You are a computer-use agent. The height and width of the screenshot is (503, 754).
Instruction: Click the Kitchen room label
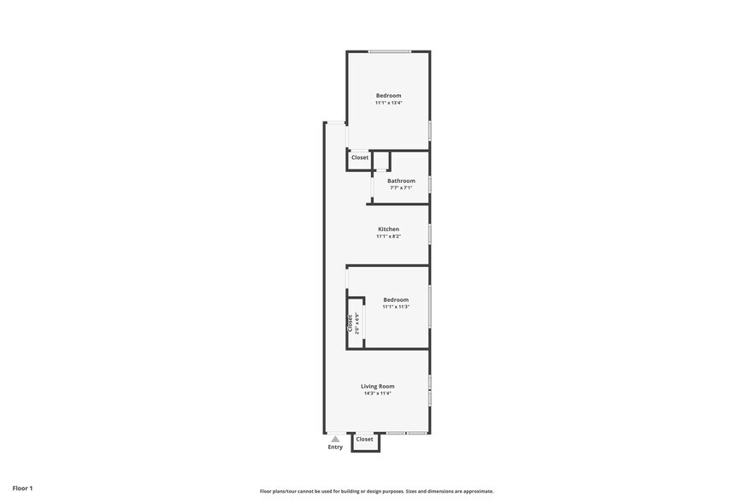coord(388,229)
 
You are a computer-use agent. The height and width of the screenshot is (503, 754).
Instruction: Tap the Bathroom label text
coord(401,180)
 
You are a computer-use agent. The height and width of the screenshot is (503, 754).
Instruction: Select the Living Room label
coord(377,387)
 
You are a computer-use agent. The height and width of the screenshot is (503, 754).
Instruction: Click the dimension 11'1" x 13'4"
coord(388,103)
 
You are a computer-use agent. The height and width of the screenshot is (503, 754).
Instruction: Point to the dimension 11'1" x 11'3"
coord(396,306)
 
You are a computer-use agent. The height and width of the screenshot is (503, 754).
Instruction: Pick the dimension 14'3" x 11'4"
coord(377,394)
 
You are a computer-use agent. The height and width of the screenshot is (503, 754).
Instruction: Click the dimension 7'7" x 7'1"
coord(401,187)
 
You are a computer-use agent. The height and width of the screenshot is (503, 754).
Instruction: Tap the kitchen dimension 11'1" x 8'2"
coord(388,236)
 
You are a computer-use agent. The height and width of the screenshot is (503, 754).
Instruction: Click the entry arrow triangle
coord(335,439)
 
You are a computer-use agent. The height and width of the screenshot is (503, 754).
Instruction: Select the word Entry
coord(335,447)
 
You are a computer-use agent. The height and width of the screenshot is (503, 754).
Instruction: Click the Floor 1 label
coord(22,488)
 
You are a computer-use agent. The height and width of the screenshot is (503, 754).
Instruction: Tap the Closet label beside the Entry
coord(365,439)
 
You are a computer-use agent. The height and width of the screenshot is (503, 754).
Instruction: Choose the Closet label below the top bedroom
coord(360,157)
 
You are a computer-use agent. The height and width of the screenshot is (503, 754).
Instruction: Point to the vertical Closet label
coord(350,323)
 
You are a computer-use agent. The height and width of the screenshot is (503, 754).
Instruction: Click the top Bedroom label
coord(388,96)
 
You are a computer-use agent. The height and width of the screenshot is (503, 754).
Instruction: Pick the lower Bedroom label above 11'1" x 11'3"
coord(396,299)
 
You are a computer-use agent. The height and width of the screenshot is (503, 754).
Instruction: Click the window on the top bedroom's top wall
coord(389,52)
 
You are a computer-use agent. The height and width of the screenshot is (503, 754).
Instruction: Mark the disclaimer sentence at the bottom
coord(376,491)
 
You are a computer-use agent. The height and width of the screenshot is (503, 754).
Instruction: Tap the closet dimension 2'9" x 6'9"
coord(356,323)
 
